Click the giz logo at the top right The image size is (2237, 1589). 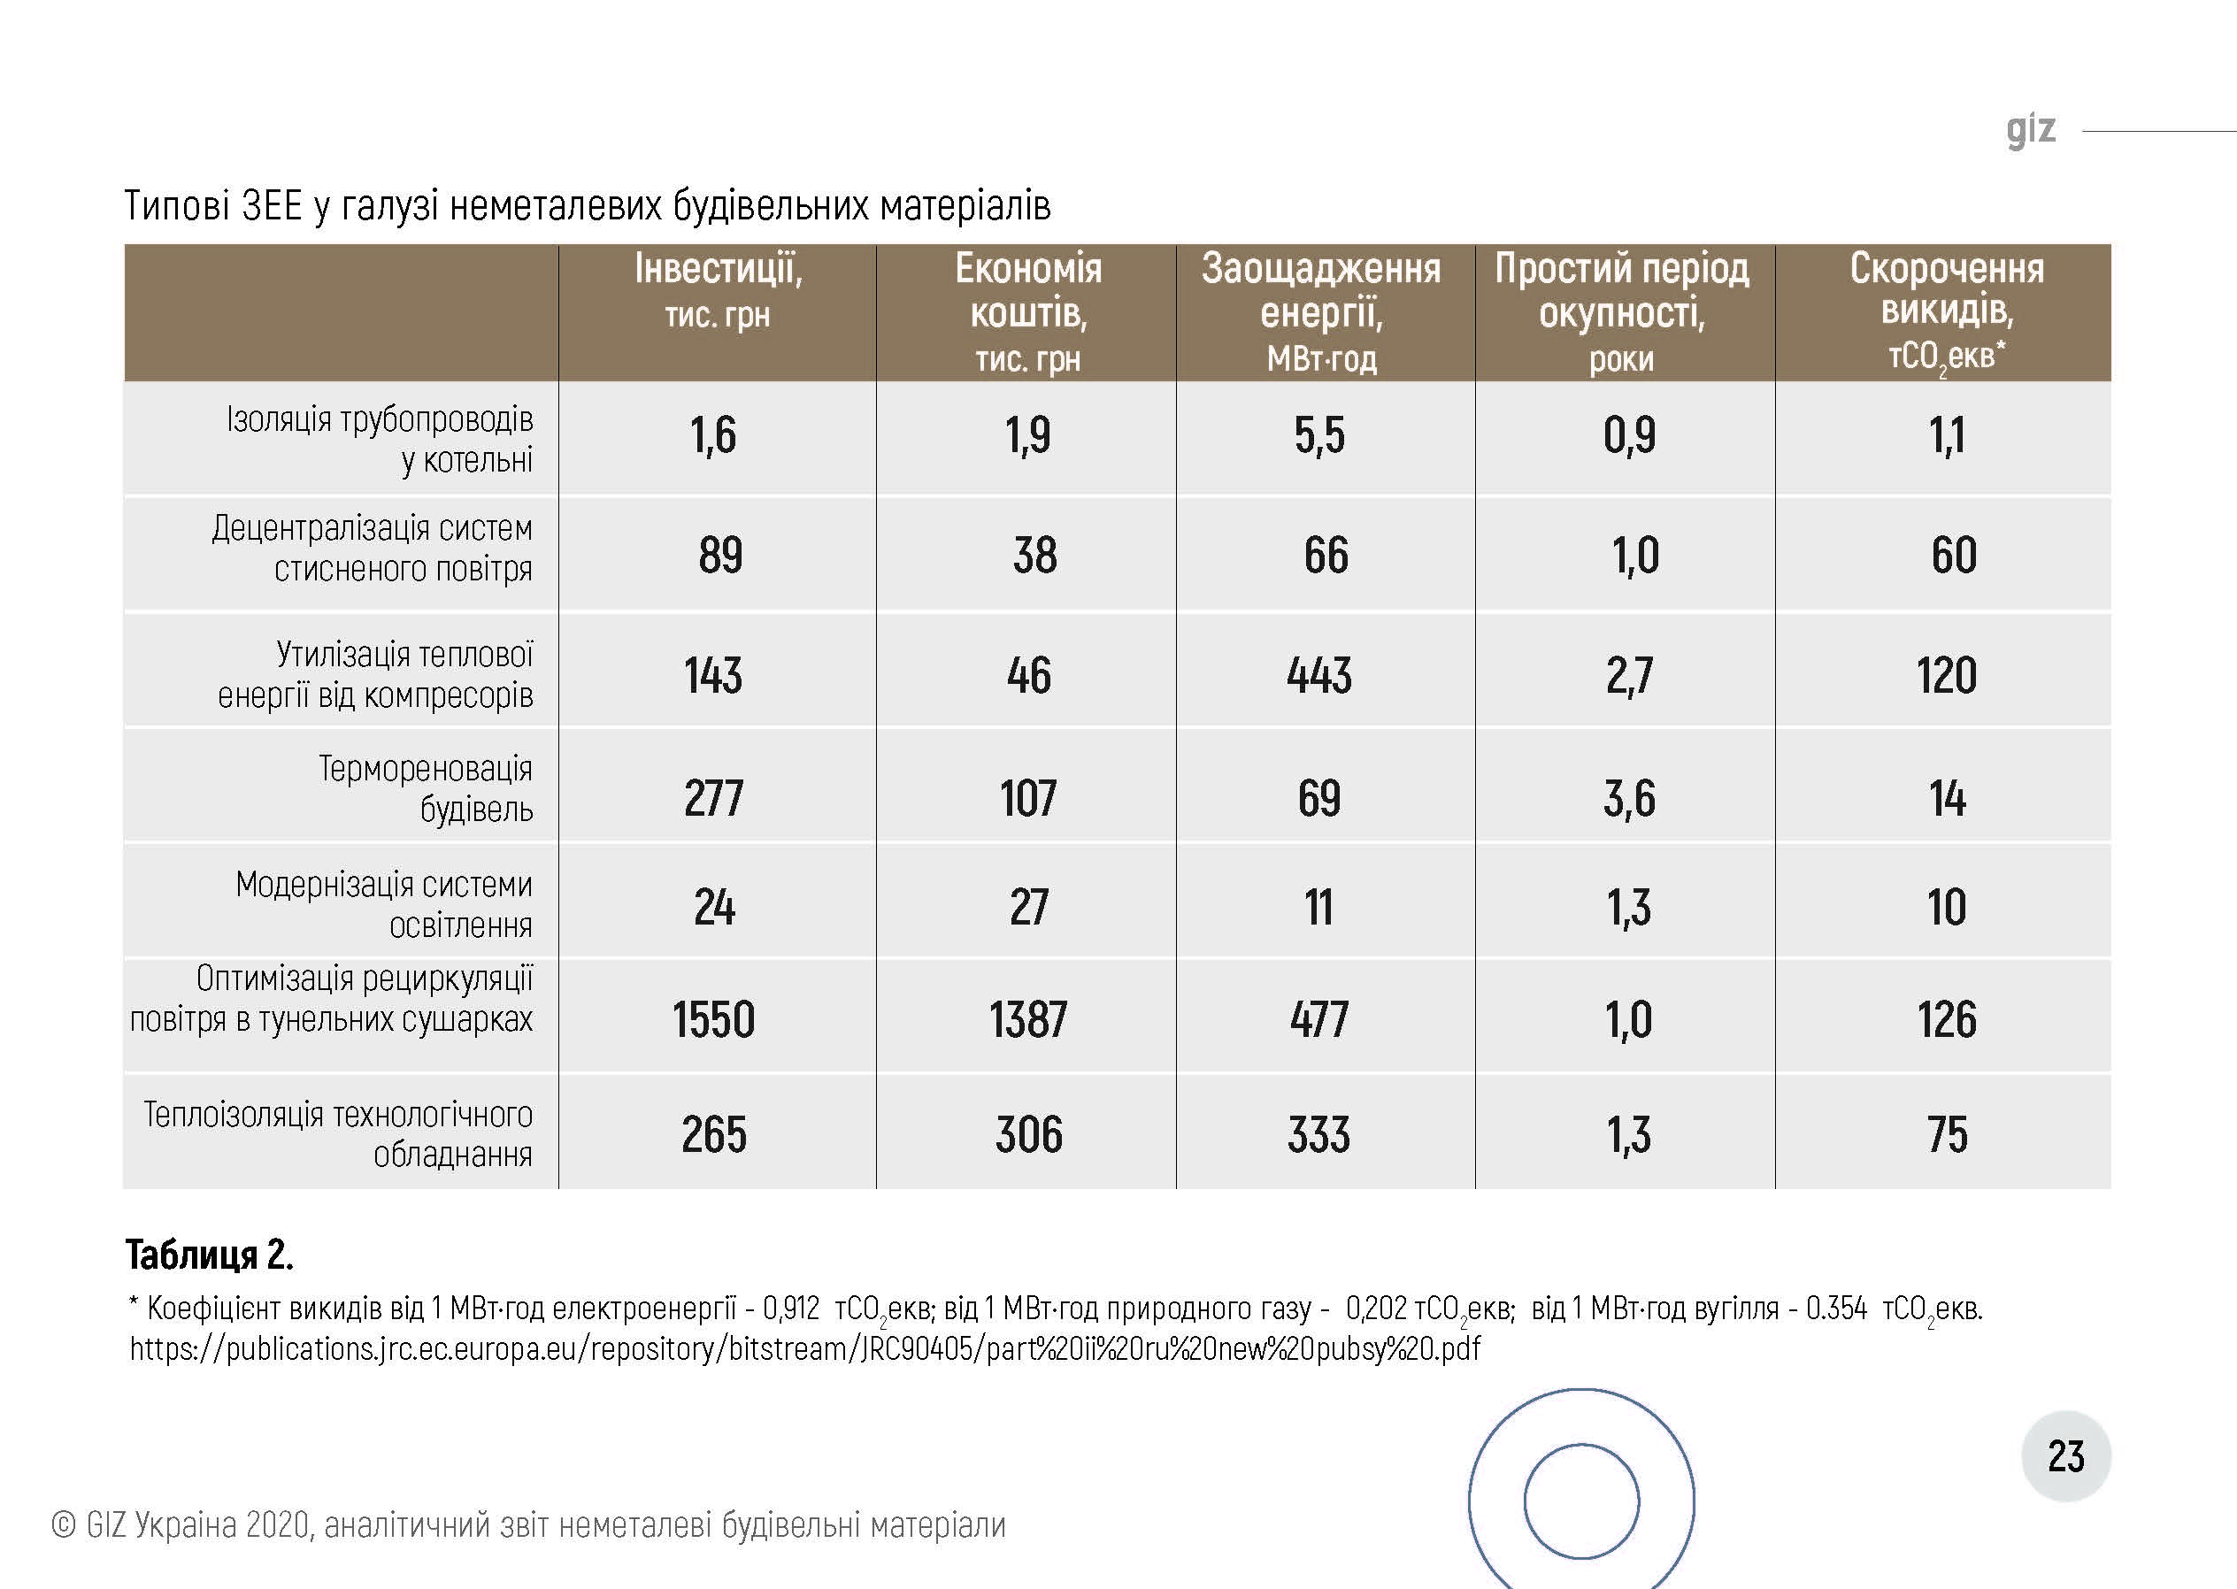pos(2031,130)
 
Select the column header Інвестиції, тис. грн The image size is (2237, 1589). pos(718,289)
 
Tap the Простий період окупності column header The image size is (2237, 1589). pos(1621,311)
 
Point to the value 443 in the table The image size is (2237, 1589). pos(1319,675)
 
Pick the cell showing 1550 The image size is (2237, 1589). pos(713,1019)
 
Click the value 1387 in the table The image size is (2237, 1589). pos(1027,1019)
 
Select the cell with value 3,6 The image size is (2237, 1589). pos(1628,798)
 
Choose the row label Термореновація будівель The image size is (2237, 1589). pos(426,788)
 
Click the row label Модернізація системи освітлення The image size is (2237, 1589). pos(383,904)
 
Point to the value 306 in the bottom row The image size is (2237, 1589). pos(1028,1135)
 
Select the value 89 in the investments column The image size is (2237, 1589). pos(720,555)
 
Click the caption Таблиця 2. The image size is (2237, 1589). pos(210,1255)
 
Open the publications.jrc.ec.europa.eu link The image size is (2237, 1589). pos(804,1349)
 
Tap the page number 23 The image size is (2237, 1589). pos(2065,1457)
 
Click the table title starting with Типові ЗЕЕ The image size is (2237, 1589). pos(588,205)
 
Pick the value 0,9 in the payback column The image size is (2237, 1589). pos(1628,435)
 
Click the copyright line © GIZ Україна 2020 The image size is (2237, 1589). pos(528,1525)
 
